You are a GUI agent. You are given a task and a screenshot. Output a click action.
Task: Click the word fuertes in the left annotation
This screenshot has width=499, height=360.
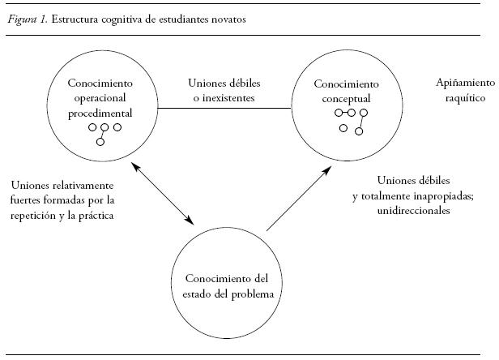28,200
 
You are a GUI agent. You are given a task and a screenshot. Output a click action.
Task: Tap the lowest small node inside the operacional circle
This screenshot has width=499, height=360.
100,142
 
